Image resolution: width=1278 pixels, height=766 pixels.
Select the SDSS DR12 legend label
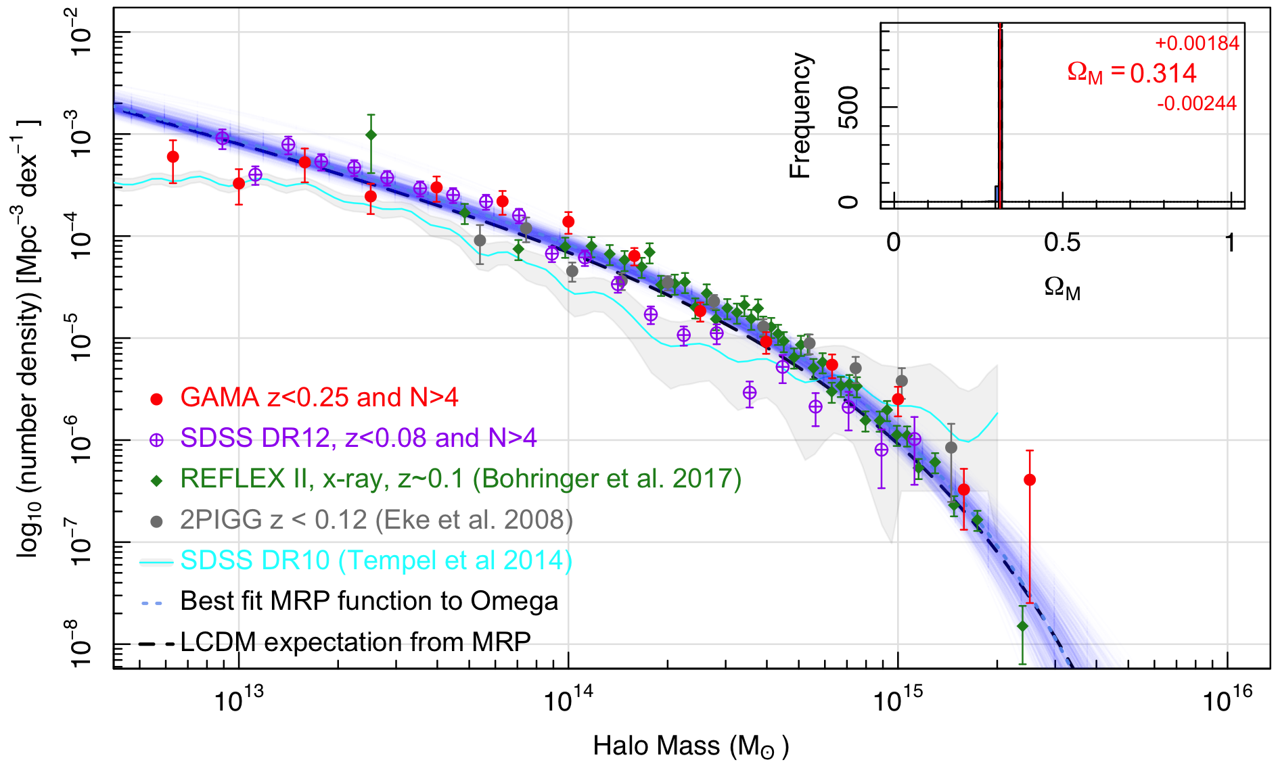359,438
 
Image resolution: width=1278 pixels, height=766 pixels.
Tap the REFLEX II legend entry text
461,479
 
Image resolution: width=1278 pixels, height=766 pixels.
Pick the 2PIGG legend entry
376,520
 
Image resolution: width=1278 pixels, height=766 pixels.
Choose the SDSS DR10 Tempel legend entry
376,560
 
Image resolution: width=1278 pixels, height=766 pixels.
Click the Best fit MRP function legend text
369,601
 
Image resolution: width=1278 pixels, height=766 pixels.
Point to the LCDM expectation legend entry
355,642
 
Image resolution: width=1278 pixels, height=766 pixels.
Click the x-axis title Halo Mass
691,746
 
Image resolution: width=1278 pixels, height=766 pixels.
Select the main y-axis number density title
28,338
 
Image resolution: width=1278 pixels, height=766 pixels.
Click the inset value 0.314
1163,73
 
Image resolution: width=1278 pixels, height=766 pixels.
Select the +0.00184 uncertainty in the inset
1197,43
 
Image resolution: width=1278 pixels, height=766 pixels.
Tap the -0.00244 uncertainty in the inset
1197,103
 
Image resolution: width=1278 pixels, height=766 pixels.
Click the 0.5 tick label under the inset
1062,242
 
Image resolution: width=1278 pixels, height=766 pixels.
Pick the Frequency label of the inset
800,115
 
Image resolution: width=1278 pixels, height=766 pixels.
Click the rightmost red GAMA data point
1030,480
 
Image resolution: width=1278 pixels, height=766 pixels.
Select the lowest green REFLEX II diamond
1022,626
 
